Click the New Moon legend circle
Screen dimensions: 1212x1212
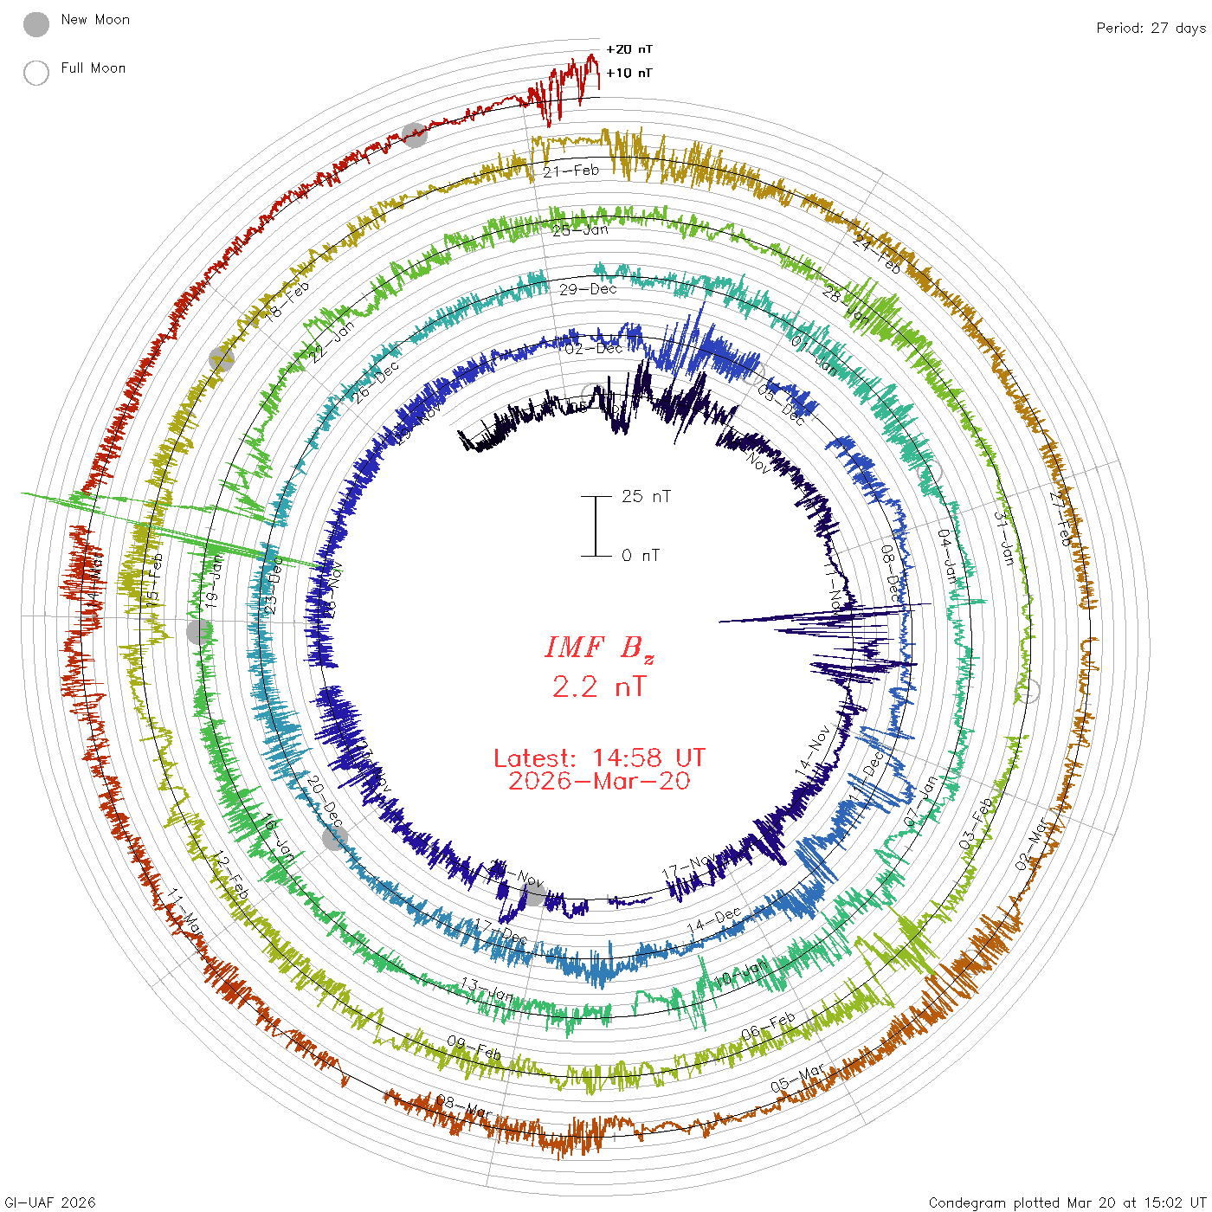[36, 24]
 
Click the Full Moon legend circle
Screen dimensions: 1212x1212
[36, 73]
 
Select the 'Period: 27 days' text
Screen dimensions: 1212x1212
[1151, 28]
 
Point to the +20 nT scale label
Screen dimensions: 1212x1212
[629, 49]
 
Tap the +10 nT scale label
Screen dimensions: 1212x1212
[629, 73]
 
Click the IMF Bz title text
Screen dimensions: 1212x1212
[599, 648]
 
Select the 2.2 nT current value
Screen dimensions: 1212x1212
[599, 687]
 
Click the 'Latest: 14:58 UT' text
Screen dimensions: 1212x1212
[599, 758]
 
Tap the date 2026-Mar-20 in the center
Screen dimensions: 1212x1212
[599, 781]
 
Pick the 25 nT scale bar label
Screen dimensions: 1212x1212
[646, 496]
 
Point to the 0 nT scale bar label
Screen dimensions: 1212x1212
[641, 556]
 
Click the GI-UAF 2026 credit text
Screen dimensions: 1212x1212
[50, 1202]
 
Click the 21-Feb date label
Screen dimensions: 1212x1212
[571, 171]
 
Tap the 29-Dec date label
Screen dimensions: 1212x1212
[588, 289]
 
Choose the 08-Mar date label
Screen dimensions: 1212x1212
[464, 1106]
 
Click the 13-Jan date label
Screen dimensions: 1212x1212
[486, 989]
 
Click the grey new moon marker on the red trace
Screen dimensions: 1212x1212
[415, 134]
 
